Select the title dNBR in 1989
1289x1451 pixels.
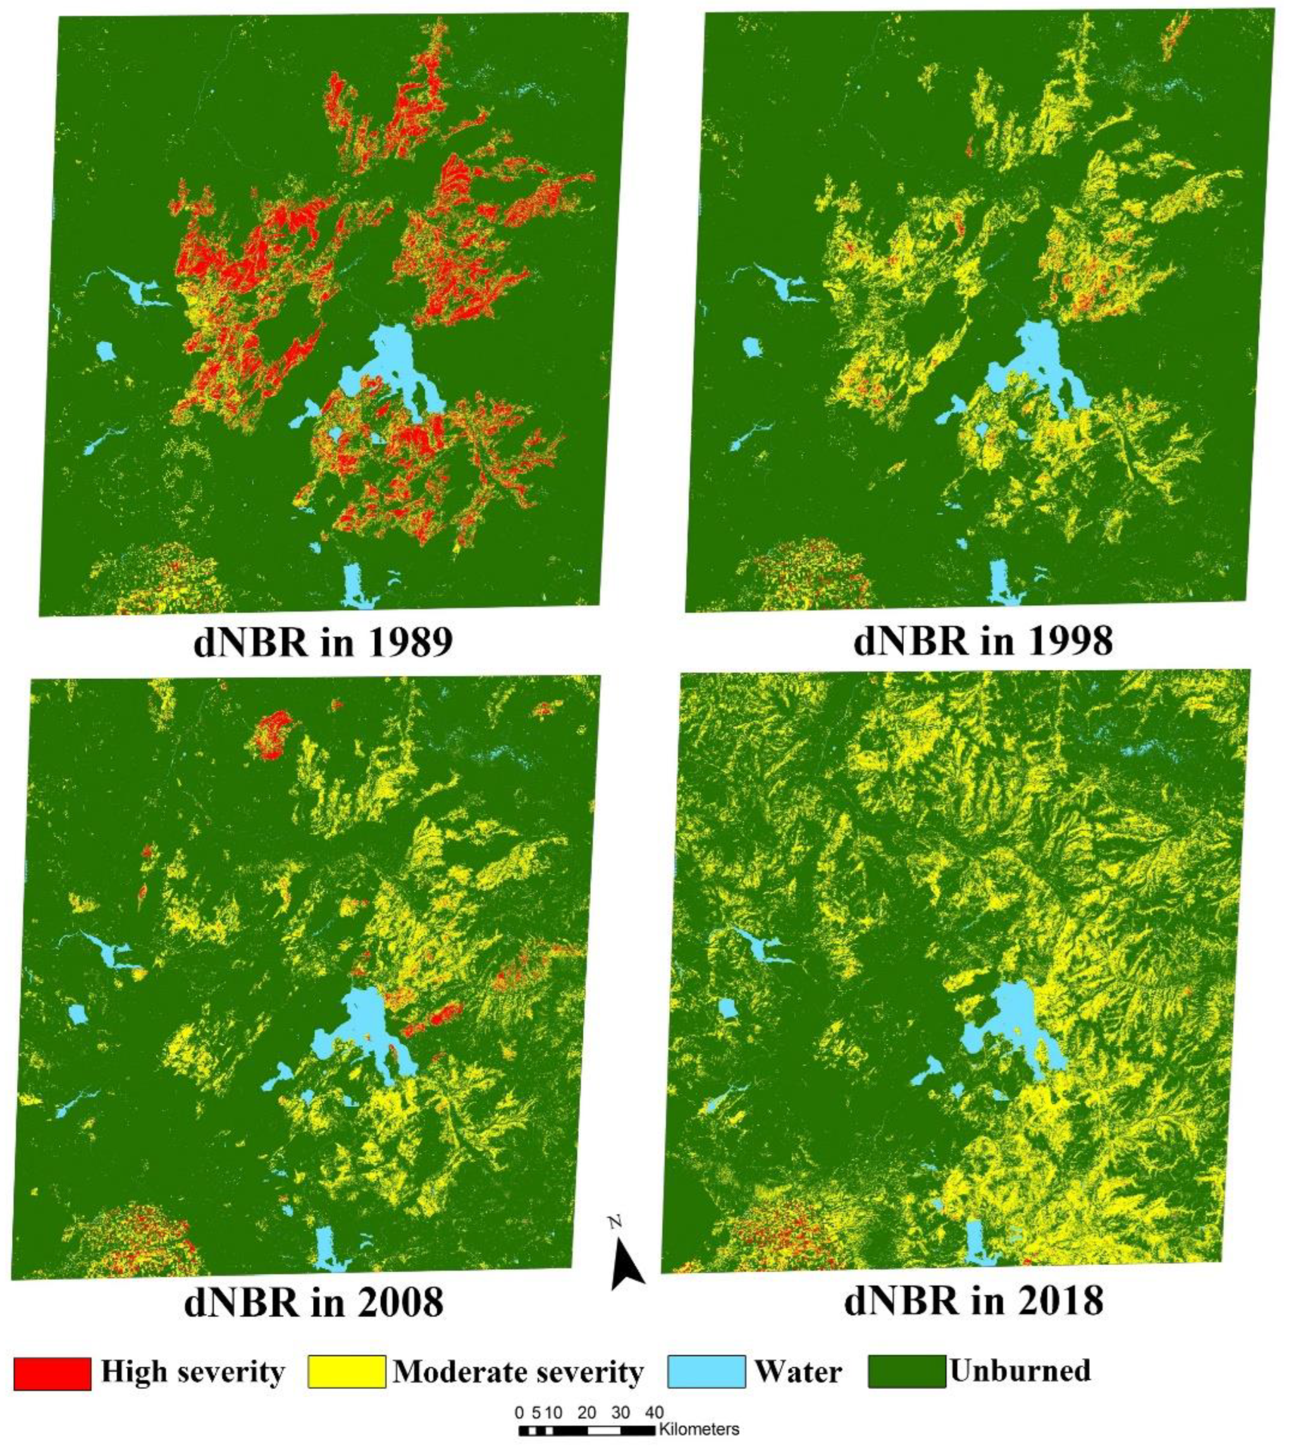click(x=323, y=643)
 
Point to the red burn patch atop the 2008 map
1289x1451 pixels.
click(x=273, y=737)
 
